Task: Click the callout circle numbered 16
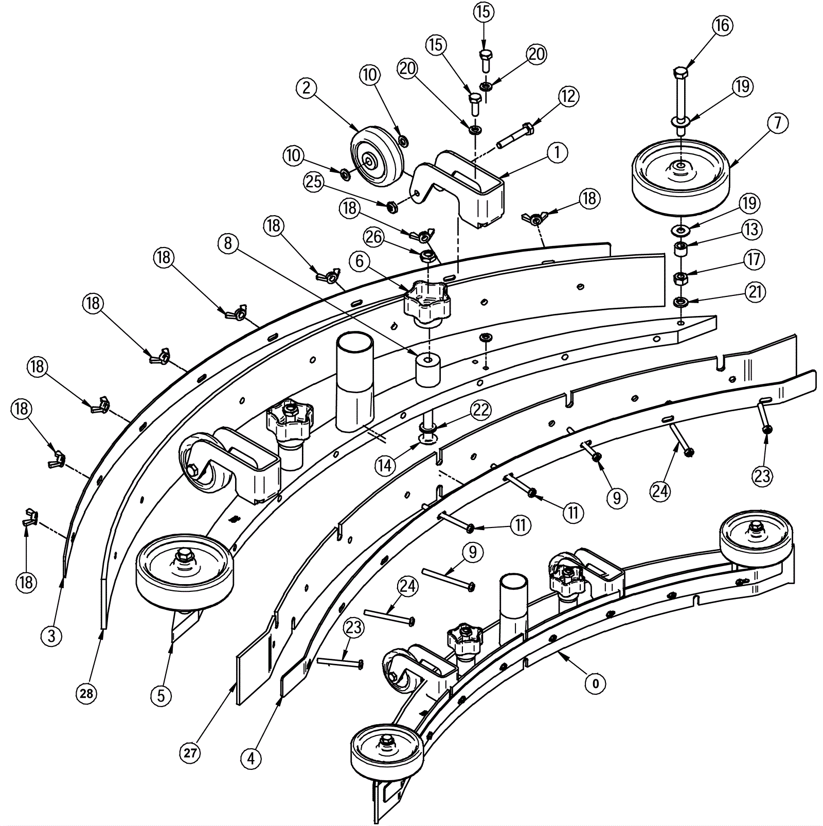pos(722,25)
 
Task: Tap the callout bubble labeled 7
pos(777,123)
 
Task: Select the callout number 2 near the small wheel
pos(307,88)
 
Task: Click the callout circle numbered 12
pos(568,96)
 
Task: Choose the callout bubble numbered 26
pos(374,237)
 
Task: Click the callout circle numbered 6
pos(360,261)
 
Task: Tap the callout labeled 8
pos(228,243)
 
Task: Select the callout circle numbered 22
pos(480,410)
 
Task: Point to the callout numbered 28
pos(86,694)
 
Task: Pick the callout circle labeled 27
pos(190,753)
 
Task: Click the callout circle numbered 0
pos(596,684)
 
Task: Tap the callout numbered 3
pos(51,636)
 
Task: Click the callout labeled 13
pos(752,230)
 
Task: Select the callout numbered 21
pos(755,292)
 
